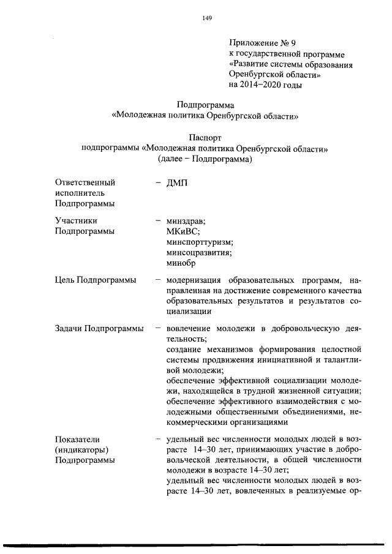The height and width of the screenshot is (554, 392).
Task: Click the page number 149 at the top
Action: click(206, 19)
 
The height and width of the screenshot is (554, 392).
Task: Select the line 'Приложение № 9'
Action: click(262, 43)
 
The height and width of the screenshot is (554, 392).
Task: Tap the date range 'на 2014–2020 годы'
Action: click(265, 85)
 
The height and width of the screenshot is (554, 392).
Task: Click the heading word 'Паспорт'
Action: click(205, 138)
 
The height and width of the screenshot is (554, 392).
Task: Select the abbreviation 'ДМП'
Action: click(177, 182)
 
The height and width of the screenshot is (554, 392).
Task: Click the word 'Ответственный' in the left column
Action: click(85, 182)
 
